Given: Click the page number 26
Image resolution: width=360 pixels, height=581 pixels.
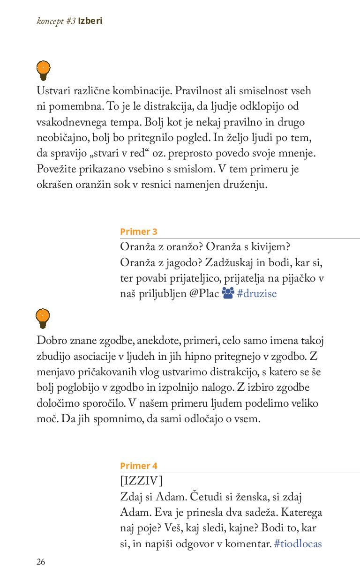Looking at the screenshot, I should tap(41, 562).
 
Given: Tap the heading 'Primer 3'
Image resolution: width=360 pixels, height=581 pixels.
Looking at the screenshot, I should tap(138, 231).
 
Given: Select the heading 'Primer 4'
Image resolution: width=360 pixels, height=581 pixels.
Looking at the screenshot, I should tap(138, 466).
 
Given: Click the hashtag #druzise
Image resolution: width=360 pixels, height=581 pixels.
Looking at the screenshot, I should tap(257, 294).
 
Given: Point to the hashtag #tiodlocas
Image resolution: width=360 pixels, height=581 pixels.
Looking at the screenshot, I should tap(298, 544).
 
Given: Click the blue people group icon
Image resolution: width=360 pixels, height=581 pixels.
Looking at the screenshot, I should tap(228, 293).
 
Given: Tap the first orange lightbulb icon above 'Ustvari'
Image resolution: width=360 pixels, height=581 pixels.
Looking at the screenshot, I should tap(43, 70).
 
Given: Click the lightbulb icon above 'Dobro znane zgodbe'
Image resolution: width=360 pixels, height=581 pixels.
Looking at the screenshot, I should tap(43, 318).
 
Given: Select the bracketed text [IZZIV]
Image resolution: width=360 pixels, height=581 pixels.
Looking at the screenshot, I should tap(141, 481).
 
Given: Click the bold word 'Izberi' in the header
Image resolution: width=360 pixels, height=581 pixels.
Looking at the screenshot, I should tap(90, 21).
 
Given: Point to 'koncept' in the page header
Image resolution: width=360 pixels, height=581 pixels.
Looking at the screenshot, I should tap(50, 21).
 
